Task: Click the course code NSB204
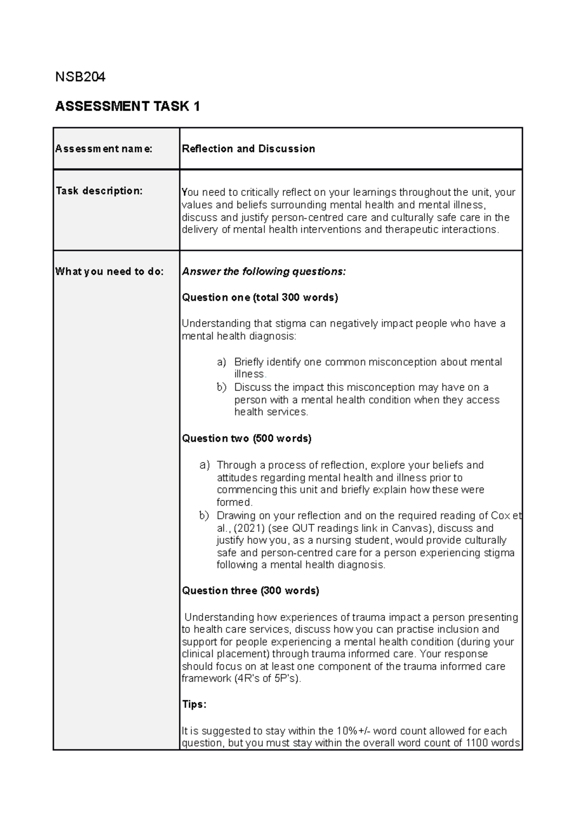tap(80, 77)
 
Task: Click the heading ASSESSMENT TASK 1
tap(128, 106)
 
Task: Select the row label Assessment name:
tap(104, 149)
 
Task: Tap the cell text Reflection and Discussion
tap(248, 149)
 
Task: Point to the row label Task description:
tap(99, 191)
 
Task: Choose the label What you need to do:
tap(109, 271)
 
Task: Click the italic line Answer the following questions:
tap(264, 271)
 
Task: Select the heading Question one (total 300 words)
tap(260, 297)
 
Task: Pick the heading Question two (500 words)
tap(246, 438)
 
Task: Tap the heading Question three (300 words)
tap(250, 591)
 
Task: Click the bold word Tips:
tap(194, 705)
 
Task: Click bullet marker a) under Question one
tap(221, 362)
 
